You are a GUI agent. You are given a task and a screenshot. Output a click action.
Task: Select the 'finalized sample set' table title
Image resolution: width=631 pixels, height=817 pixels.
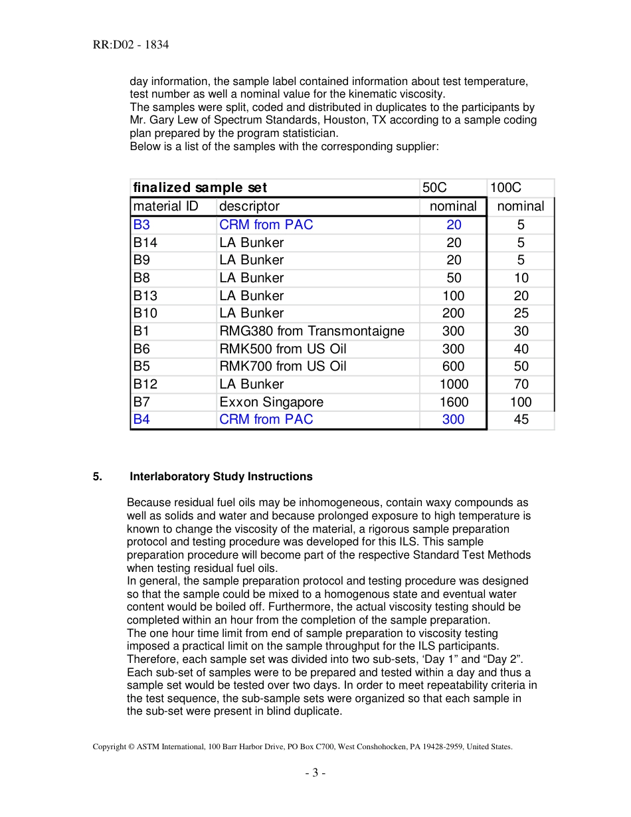200,188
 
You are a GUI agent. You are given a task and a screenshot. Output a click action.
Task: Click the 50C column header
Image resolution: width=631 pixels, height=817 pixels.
434,188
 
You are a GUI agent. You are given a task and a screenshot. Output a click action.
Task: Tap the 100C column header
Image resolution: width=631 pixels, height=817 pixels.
505,188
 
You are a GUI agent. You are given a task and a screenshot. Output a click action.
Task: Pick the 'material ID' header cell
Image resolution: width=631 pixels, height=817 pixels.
165,207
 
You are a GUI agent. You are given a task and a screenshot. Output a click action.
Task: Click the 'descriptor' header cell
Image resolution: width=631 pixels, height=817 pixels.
249,207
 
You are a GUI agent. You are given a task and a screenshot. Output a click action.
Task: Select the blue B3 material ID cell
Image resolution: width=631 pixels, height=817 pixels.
141,225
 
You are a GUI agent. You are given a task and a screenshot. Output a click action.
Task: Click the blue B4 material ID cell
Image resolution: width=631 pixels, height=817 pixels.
141,419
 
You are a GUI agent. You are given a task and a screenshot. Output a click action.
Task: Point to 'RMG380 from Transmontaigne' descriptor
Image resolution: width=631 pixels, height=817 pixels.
312,331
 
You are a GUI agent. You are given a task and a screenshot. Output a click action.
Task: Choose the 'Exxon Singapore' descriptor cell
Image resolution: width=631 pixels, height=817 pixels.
271,402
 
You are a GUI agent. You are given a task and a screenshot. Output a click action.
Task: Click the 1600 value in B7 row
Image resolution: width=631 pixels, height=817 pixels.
454,402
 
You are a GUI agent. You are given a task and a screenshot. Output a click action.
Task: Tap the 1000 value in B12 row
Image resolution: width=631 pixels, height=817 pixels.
454,384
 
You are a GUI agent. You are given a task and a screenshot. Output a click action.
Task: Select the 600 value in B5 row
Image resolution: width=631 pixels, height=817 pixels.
454,366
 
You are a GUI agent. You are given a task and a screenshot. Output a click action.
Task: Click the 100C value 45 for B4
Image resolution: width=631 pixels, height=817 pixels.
521,419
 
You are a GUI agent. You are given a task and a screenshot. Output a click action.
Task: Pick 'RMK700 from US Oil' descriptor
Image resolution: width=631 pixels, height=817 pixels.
282,366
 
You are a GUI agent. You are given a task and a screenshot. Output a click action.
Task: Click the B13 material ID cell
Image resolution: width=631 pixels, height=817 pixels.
145,296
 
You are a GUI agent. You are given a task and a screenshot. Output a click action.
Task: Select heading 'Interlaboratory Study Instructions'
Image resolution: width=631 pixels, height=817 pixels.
221,476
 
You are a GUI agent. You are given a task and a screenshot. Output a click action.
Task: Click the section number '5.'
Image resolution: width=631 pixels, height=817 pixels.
97,476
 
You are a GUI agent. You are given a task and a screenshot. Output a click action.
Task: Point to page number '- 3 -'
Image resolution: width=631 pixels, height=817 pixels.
315,772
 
